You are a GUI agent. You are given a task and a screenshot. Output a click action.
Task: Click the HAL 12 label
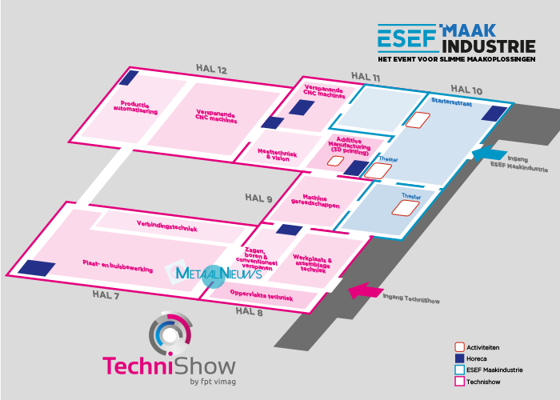pyautogui.click(x=211, y=69)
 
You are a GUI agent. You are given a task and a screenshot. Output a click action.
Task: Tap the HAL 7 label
pyautogui.click(x=106, y=294)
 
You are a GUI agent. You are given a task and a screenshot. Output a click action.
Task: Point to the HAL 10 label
pyautogui.click(x=466, y=90)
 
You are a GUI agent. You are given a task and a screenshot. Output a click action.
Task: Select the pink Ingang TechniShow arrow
pyautogui.click(x=366, y=290)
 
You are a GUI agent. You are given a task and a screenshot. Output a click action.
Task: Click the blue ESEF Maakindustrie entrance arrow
pyautogui.click(x=489, y=154)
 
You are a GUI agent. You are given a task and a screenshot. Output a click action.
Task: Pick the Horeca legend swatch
pyautogui.click(x=459, y=358)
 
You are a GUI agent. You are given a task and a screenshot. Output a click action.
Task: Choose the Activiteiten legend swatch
pyautogui.click(x=459, y=346)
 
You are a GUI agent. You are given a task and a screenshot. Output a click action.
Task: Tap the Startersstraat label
pyautogui.click(x=451, y=102)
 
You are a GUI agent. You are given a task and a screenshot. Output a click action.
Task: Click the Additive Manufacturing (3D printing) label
pyautogui.click(x=350, y=146)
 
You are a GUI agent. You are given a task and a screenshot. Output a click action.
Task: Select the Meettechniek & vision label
pyautogui.click(x=277, y=155)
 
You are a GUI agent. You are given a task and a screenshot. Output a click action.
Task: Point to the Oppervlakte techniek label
pyautogui.click(x=262, y=295)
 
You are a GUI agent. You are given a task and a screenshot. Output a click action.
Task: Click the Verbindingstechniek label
pyautogui.click(x=166, y=226)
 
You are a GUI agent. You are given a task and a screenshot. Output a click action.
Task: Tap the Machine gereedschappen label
pyautogui.click(x=315, y=201)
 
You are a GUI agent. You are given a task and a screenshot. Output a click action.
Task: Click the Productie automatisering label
pyautogui.click(x=135, y=107)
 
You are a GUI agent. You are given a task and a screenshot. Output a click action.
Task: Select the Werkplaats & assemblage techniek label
pyautogui.click(x=312, y=263)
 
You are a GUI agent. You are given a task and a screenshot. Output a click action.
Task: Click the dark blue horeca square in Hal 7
pyautogui.click(x=37, y=268)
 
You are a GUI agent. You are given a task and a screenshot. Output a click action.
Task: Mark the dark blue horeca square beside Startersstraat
pyautogui.click(x=494, y=114)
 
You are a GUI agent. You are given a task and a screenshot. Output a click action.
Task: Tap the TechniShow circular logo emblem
pyautogui.click(x=170, y=334)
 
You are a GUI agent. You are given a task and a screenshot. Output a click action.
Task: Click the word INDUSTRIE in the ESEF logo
pyautogui.click(x=489, y=46)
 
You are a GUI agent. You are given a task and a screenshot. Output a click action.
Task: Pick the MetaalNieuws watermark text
pyautogui.click(x=218, y=274)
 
